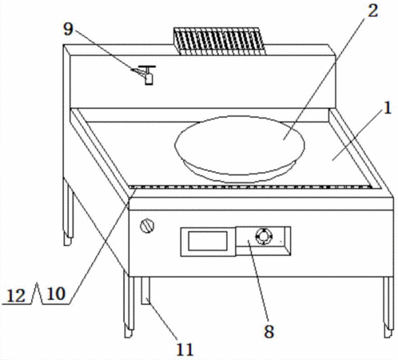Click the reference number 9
tap(68, 29)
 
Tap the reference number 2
tap(372, 11)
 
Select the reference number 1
tap(388, 108)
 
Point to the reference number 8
tap(269, 331)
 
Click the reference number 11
tap(185, 350)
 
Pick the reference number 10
tap(56, 294)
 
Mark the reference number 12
tap(16, 295)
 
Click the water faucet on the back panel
tap(145, 74)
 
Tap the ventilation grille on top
tap(220, 41)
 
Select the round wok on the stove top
tap(240, 149)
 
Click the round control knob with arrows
tap(264, 236)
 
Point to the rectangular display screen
tap(208, 241)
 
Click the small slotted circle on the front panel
tap(147, 226)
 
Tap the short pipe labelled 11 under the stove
tap(145, 290)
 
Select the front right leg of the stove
tap(388, 307)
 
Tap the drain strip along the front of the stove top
tap(251, 186)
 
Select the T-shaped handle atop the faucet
tap(147, 66)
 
